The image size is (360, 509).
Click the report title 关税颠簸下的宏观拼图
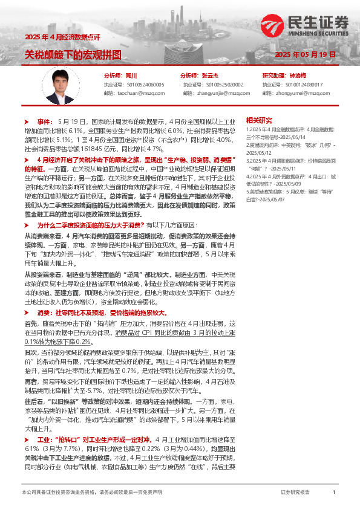[73, 55]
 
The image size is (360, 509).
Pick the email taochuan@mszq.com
[139, 94]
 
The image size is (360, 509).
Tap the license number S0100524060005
[144, 85]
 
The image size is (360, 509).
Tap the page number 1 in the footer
[334, 493]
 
